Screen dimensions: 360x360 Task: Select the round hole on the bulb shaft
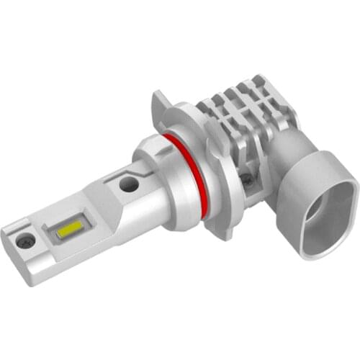point(130,184)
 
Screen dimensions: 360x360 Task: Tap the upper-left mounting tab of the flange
point(164,104)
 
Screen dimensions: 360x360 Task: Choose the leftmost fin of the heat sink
point(209,108)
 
